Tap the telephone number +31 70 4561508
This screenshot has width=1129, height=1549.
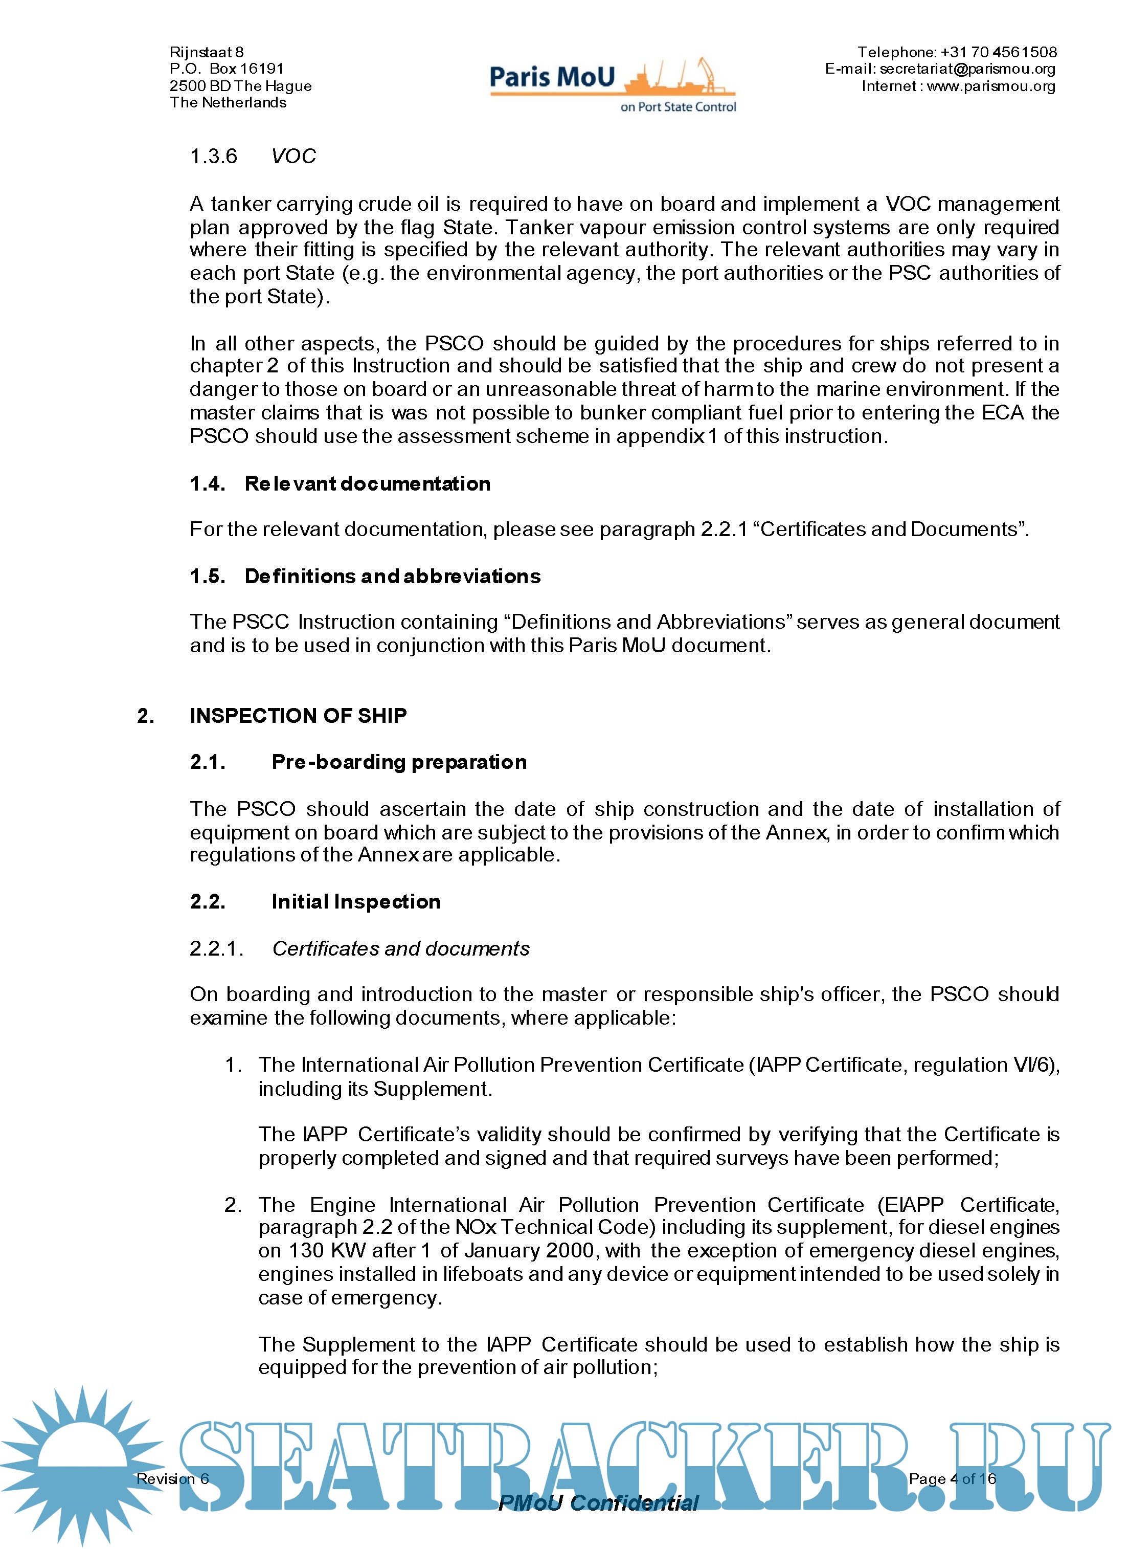(999, 52)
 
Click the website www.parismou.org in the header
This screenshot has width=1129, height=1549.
(991, 86)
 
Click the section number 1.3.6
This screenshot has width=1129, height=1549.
(213, 157)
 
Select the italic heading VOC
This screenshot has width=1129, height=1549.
(293, 157)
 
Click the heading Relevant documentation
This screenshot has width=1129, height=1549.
(367, 484)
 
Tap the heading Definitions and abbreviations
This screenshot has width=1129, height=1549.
(392, 576)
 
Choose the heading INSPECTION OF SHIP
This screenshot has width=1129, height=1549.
(298, 716)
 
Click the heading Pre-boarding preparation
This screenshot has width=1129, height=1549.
(399, 762)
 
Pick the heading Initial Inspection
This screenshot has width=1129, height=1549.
(355, 902)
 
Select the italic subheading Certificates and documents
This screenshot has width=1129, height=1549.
(400, 949)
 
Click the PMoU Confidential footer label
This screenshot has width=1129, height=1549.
(598, 1503)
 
